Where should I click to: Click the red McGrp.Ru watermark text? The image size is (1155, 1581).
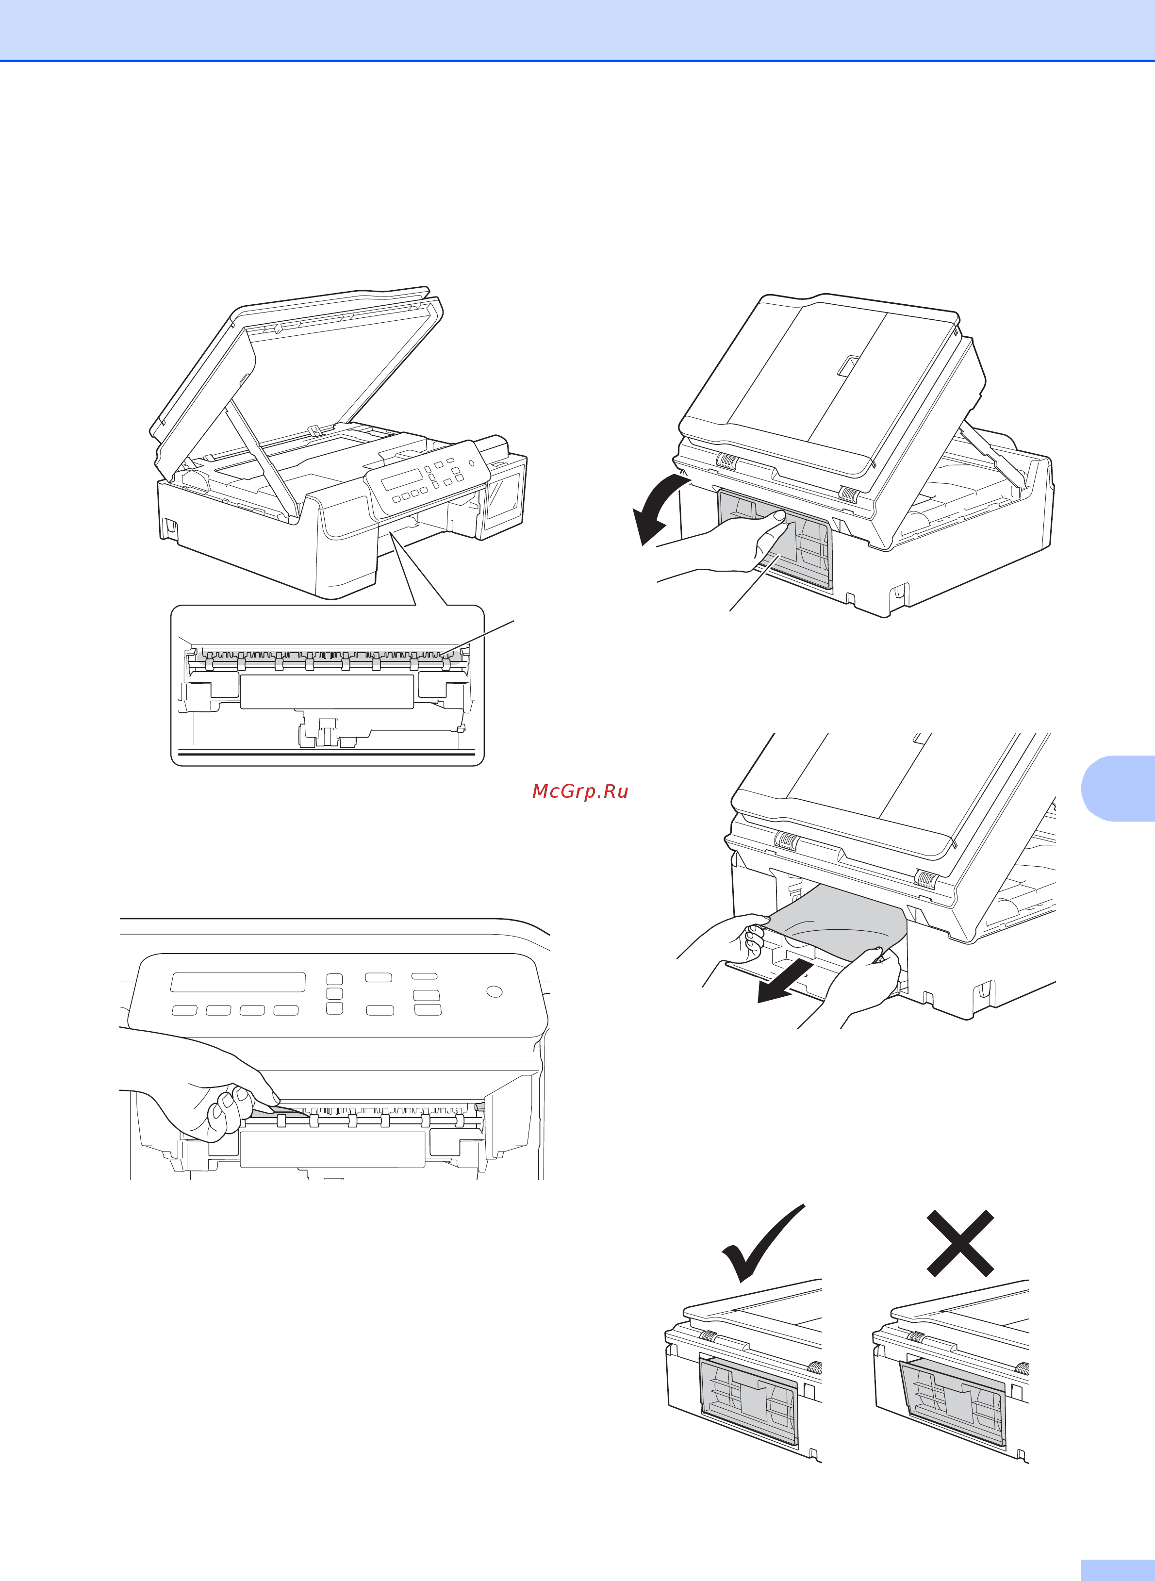pyautogui.click(x=580, y=791)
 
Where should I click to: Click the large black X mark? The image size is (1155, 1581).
pyautogui.click(x=960, y=1243)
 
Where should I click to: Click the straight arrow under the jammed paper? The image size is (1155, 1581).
pyautogui.click(x=784, y=985)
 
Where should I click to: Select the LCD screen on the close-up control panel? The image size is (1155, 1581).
pyautogui.click(x=238, y=982)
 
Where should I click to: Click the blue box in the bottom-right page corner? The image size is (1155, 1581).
pyautogui.click(x=1117, y=1570)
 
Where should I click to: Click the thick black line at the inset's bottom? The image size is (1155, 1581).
pyautogui.click(x=327, y=755)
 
